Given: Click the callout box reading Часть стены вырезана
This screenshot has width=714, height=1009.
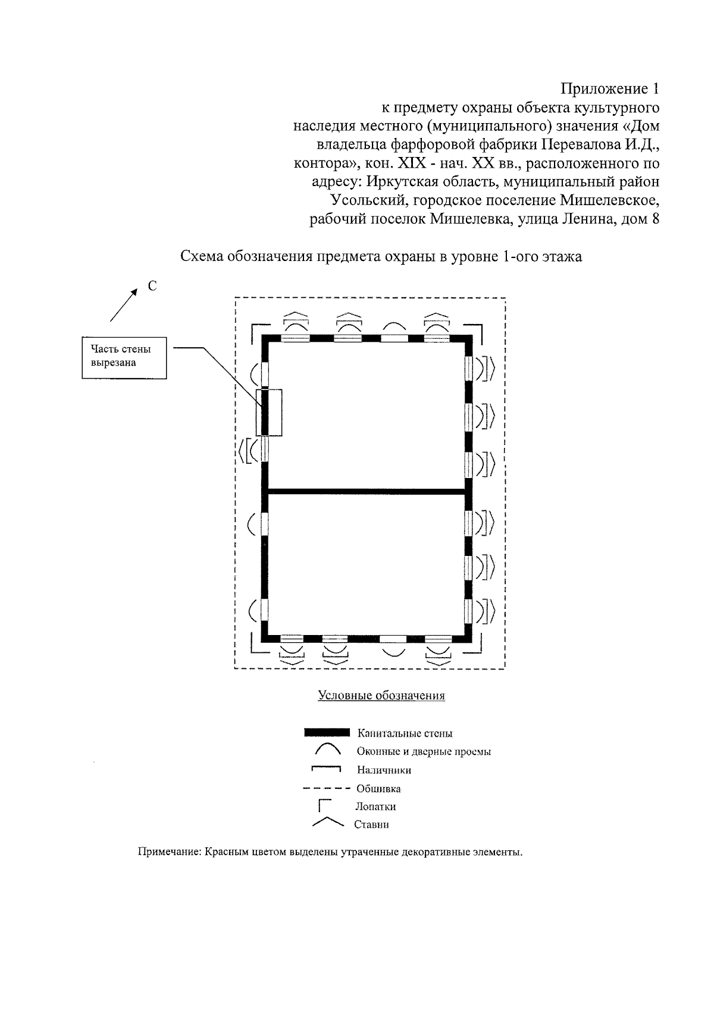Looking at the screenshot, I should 124,359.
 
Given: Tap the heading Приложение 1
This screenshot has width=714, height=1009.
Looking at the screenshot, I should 609,89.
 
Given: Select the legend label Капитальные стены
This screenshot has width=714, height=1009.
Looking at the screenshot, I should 405,734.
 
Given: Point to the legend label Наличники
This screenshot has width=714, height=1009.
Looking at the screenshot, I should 384,771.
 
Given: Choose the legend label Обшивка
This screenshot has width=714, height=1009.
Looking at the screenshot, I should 378,789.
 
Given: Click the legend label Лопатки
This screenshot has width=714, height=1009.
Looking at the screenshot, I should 375,807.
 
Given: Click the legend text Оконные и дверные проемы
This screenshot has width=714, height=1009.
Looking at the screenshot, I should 424,752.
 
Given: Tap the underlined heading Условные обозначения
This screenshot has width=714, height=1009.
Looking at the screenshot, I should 381,696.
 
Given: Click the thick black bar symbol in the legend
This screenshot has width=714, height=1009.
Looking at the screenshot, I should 326,733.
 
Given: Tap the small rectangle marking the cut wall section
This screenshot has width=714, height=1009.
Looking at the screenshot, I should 269,412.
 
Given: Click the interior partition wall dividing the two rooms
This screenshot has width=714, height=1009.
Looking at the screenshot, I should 366,491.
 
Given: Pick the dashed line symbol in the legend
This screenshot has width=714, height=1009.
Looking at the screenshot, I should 325,789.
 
